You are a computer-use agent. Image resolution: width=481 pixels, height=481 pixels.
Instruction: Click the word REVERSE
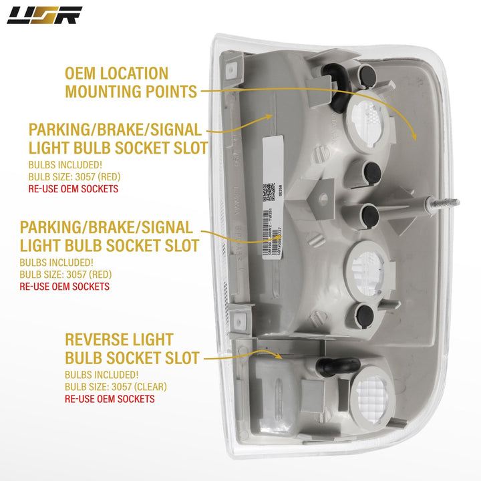click(x=99, y=340)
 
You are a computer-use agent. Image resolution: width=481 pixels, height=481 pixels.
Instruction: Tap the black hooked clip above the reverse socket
click(x=334, y=363)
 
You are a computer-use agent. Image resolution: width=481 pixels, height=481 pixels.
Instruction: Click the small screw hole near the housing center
click(x=323, y=198)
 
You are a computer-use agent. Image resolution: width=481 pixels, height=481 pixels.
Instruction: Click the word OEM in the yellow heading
click(x=84, y=73)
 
